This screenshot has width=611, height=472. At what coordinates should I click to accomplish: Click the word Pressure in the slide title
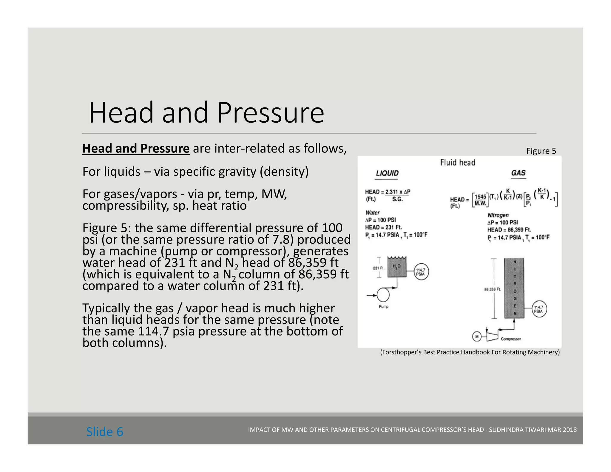pos(270,113)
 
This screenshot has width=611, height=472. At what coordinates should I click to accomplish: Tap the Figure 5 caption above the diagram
pos(541,151)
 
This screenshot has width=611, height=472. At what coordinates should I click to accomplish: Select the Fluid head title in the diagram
pos(457,163)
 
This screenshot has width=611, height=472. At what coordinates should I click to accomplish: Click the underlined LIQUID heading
pos(387,173)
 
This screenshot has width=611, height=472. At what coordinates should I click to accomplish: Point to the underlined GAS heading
pos(518,173)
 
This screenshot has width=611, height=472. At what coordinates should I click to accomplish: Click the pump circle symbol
pos(383,295)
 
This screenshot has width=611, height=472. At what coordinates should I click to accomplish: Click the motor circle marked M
pos(477,337)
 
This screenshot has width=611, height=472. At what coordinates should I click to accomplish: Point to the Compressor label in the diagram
pos(511,339)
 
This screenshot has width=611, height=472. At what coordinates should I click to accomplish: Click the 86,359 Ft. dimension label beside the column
pos(492,289)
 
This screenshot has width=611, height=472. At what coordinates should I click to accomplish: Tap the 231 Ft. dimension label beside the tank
pos(379,268)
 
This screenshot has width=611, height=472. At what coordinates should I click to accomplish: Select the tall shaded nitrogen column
pos(514,288)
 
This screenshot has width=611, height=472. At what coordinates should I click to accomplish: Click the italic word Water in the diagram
pos(372,213)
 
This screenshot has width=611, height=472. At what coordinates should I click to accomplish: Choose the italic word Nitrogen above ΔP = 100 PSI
pos(498,215)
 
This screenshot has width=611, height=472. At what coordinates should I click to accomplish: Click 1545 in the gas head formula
pos(480,197)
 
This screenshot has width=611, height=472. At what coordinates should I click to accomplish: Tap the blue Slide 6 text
pos(105,432)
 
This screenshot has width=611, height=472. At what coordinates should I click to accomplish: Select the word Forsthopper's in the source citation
pos(402,352)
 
